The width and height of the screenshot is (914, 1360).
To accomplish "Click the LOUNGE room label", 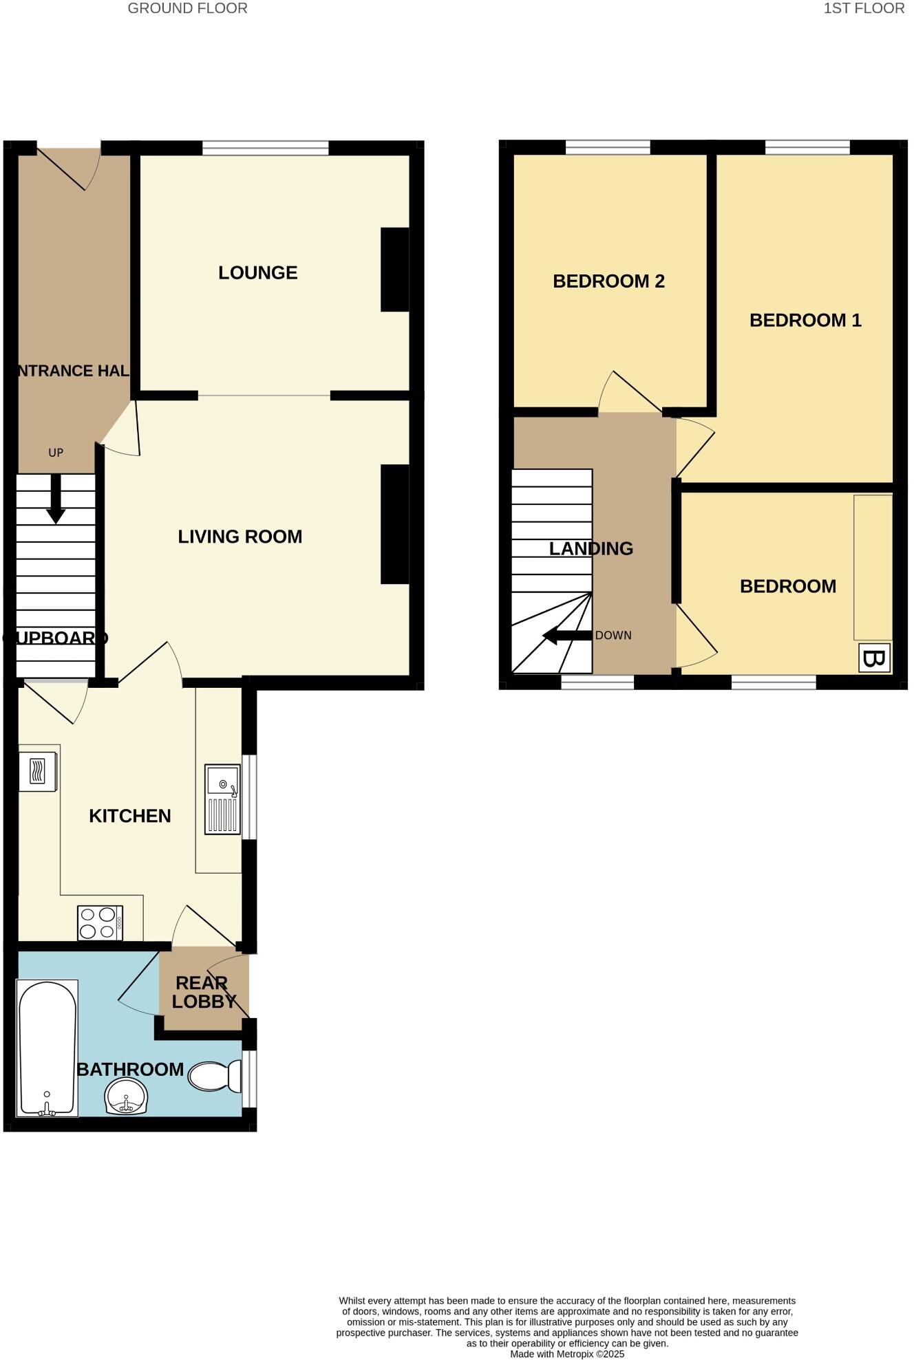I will pos(257,272).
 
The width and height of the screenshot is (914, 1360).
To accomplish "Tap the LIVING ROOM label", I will pos(240,537).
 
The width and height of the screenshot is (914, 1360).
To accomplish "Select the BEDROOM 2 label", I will pos(608,281).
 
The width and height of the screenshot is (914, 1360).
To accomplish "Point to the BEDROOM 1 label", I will pos(805,320).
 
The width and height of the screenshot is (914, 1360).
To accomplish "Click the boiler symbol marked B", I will pos(874,658).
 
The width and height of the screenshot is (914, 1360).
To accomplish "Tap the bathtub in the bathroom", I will pos(47,1047).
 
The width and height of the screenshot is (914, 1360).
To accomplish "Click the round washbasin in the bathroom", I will pos(126,1095).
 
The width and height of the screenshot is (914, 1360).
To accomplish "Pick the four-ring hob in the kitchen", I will pos(99,923).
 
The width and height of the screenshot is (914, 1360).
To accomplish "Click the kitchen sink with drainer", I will pos(222,799).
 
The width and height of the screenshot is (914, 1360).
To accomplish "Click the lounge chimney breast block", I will pos(394,269).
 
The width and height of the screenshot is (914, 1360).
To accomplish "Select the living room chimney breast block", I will pos(394,524).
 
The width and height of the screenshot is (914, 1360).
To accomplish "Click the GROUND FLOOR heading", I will pos(187,8).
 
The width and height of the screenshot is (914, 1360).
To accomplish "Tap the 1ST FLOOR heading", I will pos(863,8).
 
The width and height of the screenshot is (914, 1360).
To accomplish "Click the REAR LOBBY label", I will pos(203,992).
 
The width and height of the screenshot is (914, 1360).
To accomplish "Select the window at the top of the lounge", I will pos(265,147).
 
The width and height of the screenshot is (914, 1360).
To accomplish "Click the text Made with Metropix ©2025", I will pos(566,1354).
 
